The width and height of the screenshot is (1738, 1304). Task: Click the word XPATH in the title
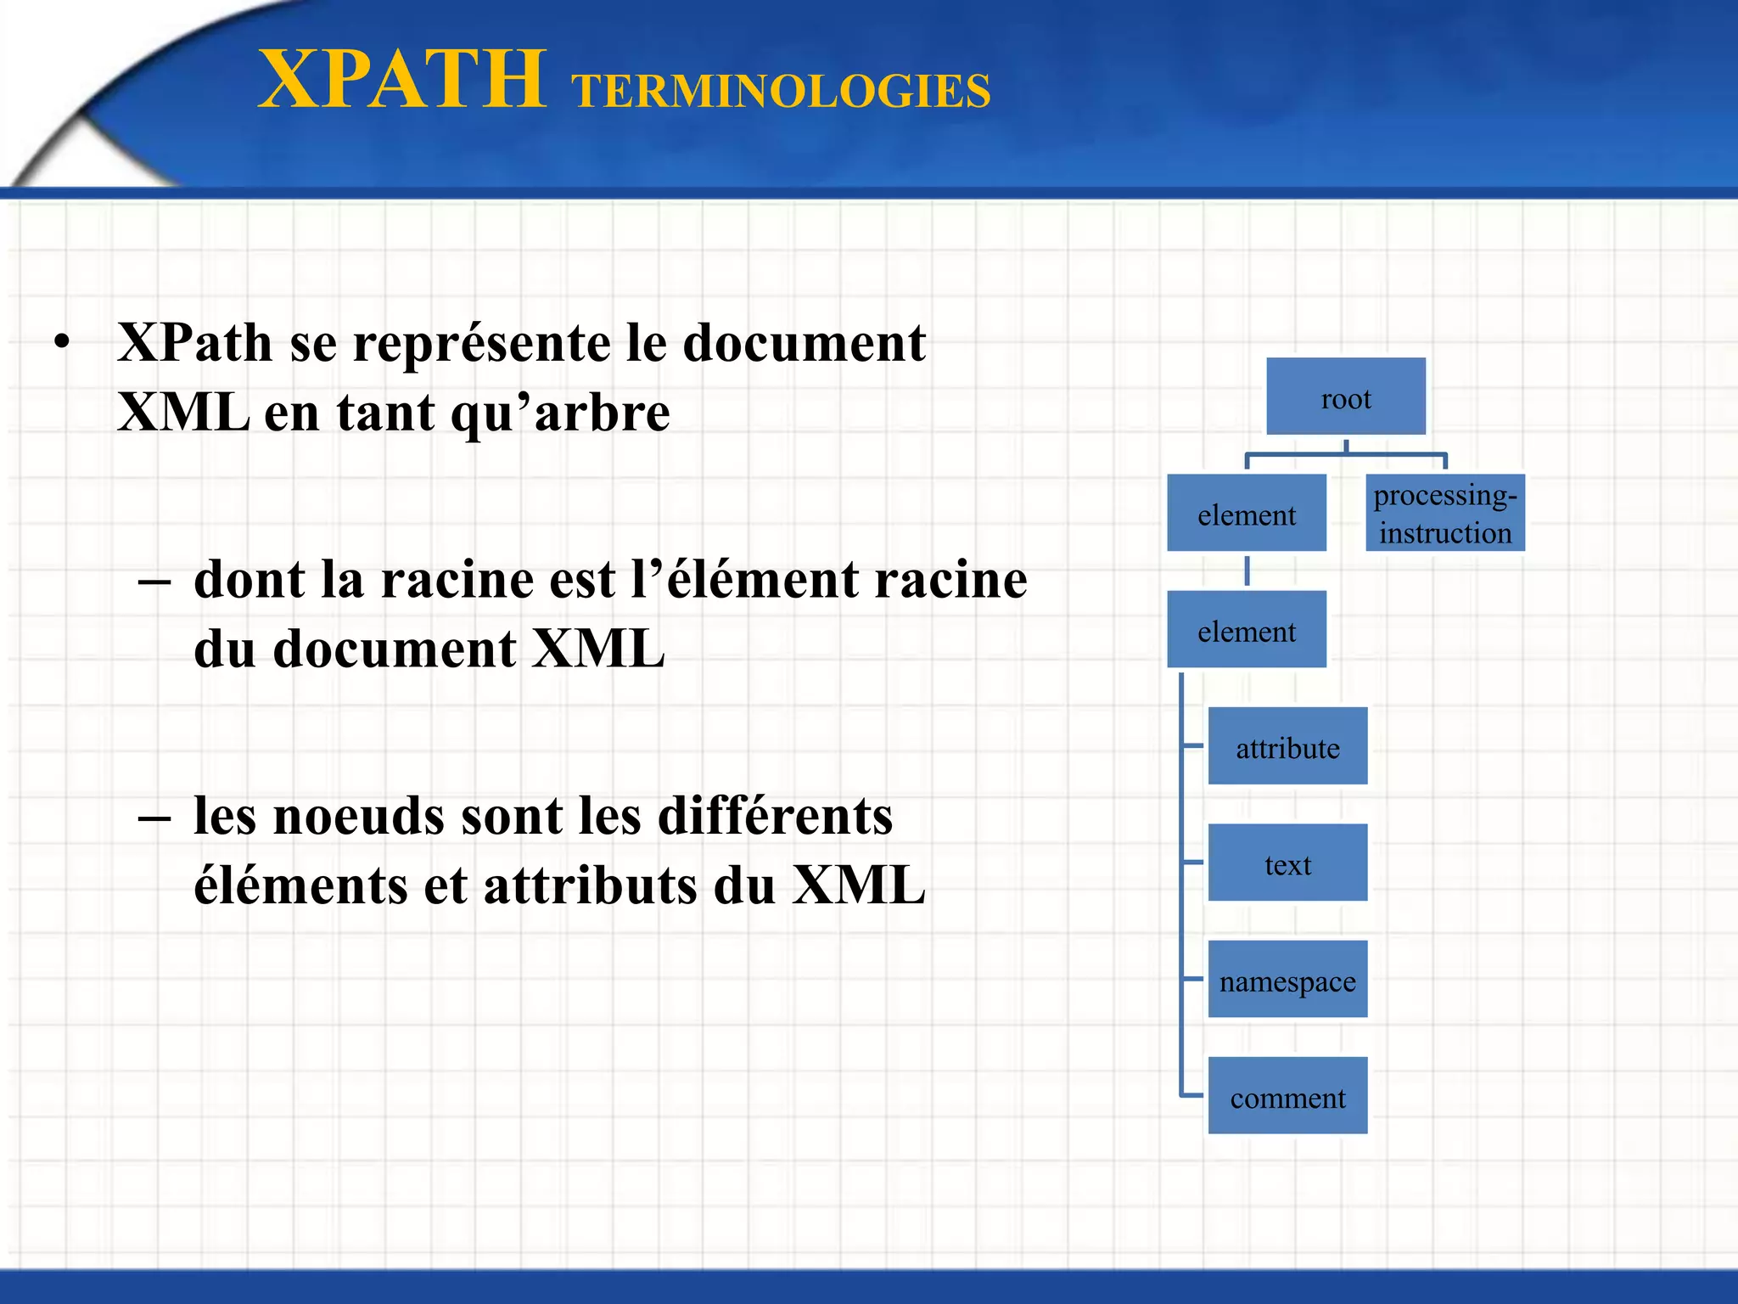point(402,80)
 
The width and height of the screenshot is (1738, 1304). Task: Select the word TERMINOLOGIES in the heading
point(781,92)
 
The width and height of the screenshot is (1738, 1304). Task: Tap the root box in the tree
point(1345,397)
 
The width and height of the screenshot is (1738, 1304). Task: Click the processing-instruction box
point(1444,513)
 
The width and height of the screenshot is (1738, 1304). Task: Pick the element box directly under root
point(1246,514)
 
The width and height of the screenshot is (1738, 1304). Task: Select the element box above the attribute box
point(1246,630)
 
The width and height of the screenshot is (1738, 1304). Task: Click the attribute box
point(1287,746)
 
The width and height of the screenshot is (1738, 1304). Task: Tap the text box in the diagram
point(1287,863)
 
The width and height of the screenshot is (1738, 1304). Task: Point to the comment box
point(1287,1096)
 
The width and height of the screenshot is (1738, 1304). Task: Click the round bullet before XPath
point(61,343)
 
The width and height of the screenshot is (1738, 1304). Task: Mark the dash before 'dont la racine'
point(154,582)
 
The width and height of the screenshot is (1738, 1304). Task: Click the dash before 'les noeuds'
point(154,818)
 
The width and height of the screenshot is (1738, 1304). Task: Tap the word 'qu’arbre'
point(559,413)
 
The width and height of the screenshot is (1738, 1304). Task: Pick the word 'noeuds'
point(359,817)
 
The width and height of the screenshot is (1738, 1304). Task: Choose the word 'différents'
point(776,817)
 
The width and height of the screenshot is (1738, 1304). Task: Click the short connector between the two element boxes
point(1247,570)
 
